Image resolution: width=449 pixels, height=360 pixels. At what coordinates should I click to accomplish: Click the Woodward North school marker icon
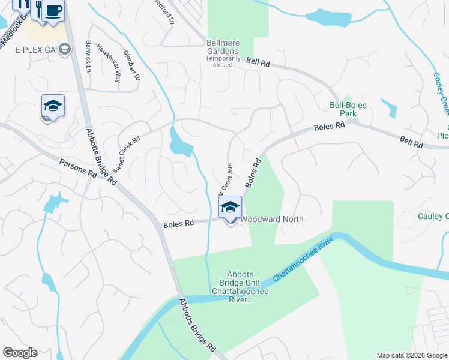click(230, 208)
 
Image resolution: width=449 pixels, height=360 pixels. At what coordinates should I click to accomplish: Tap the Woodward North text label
click(272, 220)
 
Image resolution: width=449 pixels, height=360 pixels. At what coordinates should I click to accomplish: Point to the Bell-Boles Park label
click(348, 109)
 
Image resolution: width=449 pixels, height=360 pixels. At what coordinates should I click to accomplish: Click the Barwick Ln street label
click(88, 57)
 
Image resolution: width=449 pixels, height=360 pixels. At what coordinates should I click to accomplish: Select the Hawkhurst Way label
click(109, 64)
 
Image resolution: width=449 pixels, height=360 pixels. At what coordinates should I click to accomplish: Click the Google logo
click(20, 353)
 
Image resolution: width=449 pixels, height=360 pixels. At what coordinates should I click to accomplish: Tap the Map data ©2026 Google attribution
click(412, 355)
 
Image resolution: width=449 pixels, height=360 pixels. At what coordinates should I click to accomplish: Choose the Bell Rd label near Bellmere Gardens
click(257, 61)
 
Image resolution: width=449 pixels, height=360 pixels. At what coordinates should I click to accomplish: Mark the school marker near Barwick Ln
click(53, 106)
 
